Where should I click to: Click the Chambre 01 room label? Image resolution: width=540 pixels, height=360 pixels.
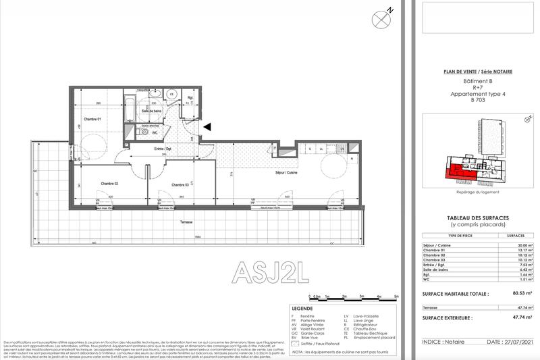(x=92, y=120)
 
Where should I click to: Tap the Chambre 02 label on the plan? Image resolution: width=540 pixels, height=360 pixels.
(x=110, y=184)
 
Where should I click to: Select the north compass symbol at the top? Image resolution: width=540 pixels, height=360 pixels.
(x=381, y=18)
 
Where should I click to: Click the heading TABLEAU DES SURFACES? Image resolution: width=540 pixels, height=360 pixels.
(x=478, y=216)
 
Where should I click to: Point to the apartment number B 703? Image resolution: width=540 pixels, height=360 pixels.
(x=478, y=100)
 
